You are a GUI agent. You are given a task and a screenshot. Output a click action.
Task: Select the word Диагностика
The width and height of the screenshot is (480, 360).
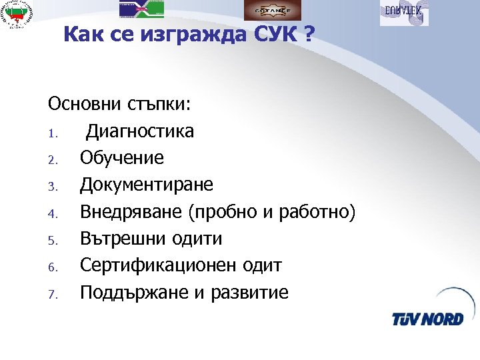click(139, 131)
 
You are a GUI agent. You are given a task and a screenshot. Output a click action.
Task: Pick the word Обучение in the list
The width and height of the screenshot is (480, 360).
click(121, 158)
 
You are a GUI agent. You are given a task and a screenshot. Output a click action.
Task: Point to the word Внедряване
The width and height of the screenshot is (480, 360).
click(131, 212)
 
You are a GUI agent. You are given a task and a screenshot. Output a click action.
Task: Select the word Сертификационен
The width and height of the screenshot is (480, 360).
click(158, 265)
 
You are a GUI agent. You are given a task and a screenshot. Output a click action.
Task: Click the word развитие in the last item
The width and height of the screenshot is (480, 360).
click(250, 293)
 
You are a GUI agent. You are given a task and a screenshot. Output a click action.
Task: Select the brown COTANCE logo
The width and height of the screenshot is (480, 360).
click(271, 9)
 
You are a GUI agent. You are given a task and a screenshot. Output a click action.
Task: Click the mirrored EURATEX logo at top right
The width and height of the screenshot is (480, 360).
click(404, 13)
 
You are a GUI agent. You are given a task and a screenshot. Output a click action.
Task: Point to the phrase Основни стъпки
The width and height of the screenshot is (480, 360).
click(120, 104)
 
